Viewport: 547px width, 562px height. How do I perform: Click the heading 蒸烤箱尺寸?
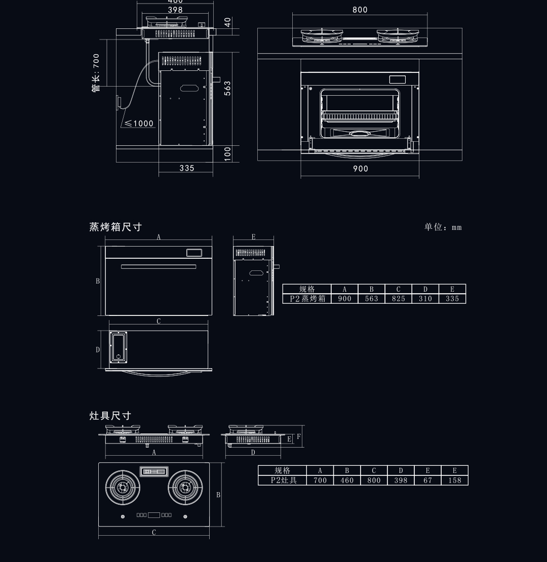coord(115,227)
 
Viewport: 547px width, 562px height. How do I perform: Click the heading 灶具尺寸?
coord(110,416)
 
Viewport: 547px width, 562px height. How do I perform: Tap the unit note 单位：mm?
coord(443,227)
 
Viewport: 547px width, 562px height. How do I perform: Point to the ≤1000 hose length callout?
coord(139,124)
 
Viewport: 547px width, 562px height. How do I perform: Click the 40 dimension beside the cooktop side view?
coord(228,23)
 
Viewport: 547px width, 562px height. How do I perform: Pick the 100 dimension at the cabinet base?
coord(228,154)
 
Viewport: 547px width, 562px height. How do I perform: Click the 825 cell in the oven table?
coord(398,299)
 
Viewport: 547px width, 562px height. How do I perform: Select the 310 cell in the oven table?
coord(425,299)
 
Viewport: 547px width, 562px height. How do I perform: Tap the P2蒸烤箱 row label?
coord(307,299)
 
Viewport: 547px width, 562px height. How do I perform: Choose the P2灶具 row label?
coord(282,480)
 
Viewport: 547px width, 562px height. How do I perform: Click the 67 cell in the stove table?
coord(427,480)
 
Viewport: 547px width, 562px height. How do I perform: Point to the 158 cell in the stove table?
coord(455,480)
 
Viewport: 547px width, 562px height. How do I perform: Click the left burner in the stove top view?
coord(122,488)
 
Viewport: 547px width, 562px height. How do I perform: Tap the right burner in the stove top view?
coord(185,488)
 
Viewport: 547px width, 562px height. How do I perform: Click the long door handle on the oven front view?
coord(158,266)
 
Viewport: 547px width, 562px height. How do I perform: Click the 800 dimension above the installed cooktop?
coord(360,10)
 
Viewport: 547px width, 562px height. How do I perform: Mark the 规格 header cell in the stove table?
coord(282,470)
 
